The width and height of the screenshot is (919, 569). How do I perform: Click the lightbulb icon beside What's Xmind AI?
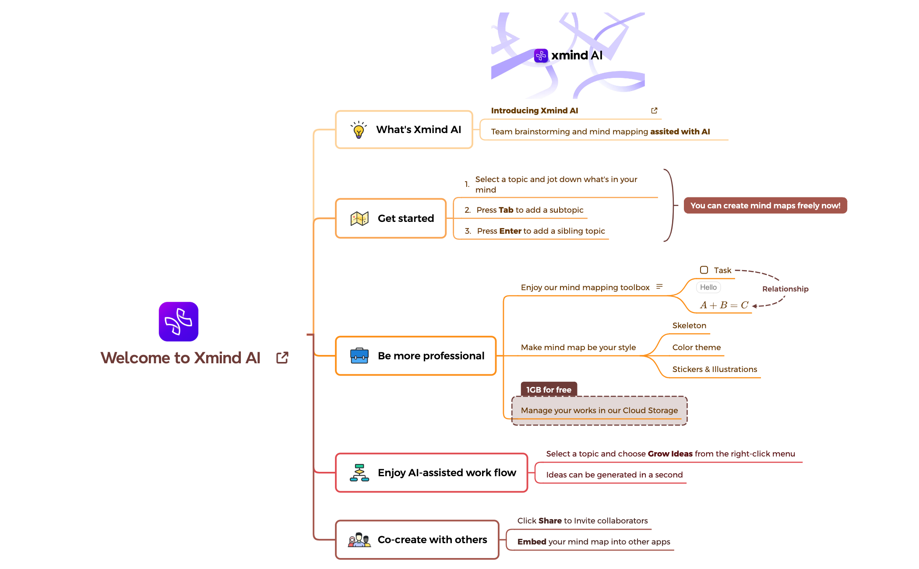[x=359, y=130]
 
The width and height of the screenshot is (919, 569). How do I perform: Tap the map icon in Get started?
[x=359, y=218]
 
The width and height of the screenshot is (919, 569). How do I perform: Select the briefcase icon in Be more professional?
[x=359, y=355]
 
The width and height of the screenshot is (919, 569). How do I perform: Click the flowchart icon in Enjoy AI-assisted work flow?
[x=359, y=473]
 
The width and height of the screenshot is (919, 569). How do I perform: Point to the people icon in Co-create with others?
[x=359, y=540]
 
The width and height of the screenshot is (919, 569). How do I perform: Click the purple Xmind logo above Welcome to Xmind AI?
[x=179, y=322]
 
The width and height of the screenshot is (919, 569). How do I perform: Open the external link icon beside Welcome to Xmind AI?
[x=282, y=358]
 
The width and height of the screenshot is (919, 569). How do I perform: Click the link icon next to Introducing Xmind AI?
[x=654, y=111]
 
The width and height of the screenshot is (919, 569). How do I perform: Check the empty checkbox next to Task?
[x=704, y=270]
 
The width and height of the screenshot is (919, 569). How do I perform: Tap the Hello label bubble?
[x=708, y=287]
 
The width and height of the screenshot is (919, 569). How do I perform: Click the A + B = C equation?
[x=724, y=305]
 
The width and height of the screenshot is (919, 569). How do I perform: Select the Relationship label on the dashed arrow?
[x=785, y=289]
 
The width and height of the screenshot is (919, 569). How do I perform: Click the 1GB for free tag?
[x=549, y=390]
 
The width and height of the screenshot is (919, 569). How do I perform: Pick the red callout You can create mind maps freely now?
[x=765, y=206]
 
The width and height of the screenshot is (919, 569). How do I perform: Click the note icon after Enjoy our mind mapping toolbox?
[x=659, y=287]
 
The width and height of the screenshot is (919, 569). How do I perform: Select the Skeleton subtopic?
[x=689, y=326]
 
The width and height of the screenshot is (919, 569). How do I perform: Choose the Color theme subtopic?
[x=697, y=348]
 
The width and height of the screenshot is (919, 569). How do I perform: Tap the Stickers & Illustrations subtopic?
[x=715, y=369]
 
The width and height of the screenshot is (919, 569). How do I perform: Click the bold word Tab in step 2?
[x=506, y=210]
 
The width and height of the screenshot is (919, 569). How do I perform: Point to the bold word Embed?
[x=532, y=542]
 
